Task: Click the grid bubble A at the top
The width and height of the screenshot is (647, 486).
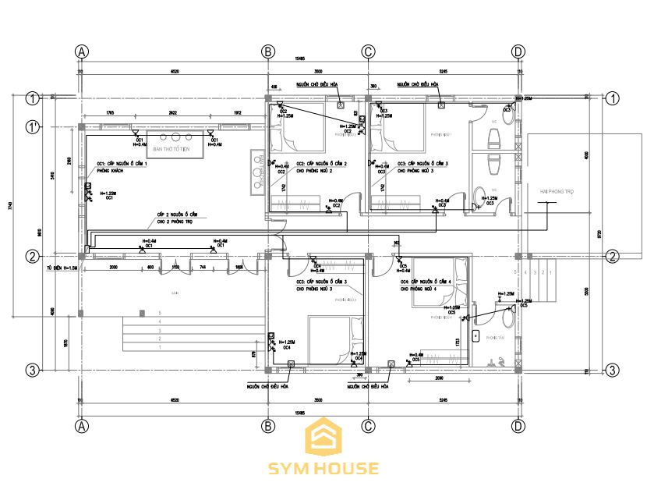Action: coord(81,51)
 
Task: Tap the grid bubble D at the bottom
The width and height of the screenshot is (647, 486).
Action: coord(518,426)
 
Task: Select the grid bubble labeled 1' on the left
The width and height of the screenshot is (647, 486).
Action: coord(33,126)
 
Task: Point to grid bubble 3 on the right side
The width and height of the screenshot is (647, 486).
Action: coord(613,370)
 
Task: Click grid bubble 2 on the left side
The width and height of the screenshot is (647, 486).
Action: coord(33,256)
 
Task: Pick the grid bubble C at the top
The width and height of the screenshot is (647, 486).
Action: coord(369,51)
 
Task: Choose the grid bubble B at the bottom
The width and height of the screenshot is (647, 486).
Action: coord(268,426)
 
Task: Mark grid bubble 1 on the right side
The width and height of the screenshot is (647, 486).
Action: coord(613,98)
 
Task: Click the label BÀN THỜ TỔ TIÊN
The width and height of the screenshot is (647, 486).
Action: coord(172,148)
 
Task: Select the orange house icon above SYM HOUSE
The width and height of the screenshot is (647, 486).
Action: coord(323,437)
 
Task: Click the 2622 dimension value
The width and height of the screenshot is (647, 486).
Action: coord(172,114)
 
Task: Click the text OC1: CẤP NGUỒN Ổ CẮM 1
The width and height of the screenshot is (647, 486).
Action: coord(121,164)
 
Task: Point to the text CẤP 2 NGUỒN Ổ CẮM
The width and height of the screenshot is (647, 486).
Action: coord(177,214)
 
